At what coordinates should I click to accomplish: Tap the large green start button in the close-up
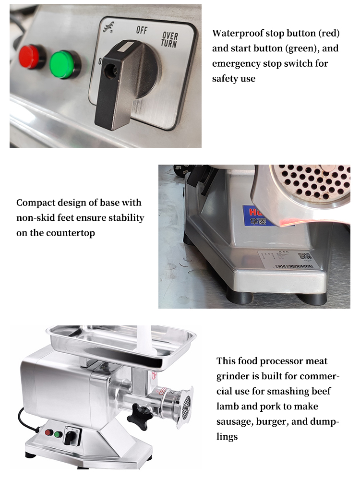65,64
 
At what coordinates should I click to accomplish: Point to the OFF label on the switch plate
142,30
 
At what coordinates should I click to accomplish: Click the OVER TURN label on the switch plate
169,39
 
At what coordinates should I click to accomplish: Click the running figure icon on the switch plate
107,29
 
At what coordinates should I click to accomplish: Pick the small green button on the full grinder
58,434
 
